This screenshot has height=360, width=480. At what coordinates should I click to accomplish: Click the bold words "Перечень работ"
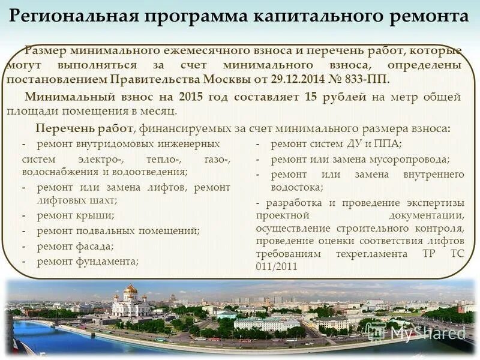(x=84, y=128)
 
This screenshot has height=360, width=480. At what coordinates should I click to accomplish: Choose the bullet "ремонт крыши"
(x=75, y=215)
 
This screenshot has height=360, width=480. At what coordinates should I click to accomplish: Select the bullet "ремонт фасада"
(x=75, y=245)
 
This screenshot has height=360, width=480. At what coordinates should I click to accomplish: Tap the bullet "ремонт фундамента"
(x=88, y=261)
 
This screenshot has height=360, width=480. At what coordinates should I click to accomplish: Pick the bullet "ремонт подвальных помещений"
(x=118, y=230)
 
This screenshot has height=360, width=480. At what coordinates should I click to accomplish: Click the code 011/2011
(x=277, y=266)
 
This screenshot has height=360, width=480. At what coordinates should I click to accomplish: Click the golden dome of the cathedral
(x=130, y=289)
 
